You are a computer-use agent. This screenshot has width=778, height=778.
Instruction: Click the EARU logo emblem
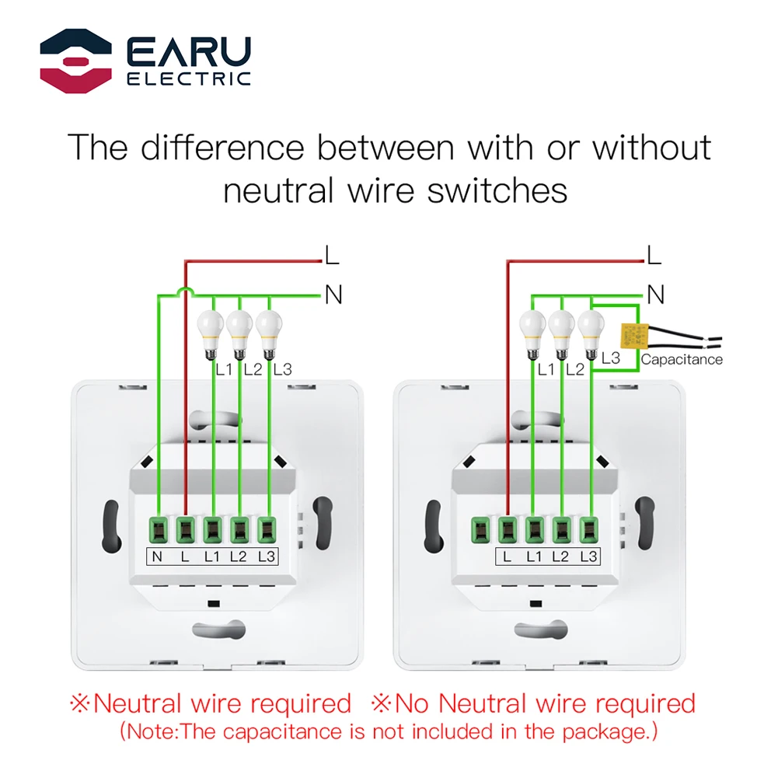pyautogui.click(x=75, y=59)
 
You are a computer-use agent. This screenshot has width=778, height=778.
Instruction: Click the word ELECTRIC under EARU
pyautogui.click(x=188, y=78)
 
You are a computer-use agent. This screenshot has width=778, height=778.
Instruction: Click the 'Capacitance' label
pyautogui.click(x=682, y=359)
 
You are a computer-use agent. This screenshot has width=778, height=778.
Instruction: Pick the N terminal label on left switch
pyautogui.click(x=158, y=556)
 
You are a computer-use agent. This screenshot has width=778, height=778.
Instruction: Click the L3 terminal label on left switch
pyautogui.click(x=267, y=556)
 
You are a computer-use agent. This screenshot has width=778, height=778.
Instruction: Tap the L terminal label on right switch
pyautogui.click(x=508, y=556)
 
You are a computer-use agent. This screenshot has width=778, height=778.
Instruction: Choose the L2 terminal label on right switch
pyautogui.click(x=561, y=556)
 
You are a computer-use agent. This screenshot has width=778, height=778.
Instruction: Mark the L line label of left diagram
pyautogui.click(x=332, y=253)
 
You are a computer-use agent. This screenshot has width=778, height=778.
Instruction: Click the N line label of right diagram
pyautogui.click(x=656, y=295)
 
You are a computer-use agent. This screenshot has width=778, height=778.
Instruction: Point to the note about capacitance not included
pyautogui.click(x=389, y=731)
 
